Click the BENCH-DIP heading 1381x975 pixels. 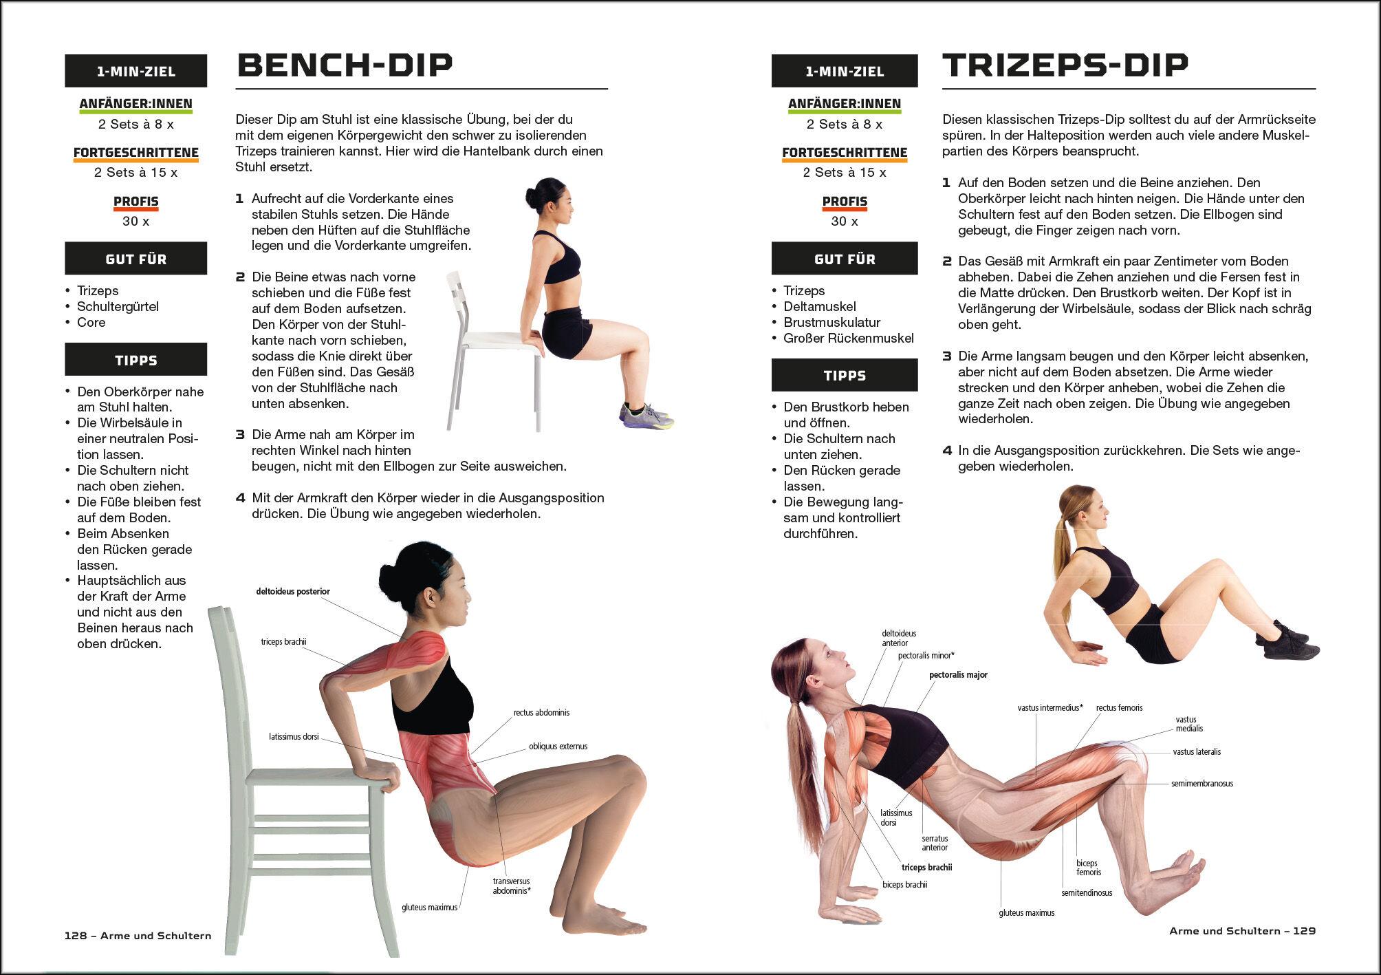(x=345, y=65)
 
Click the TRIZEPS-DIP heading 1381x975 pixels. (x=1065, y=65)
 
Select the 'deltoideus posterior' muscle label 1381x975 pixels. (x=293, y=591)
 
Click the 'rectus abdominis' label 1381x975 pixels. (x=541, y=713)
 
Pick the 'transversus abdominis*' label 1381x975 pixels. (x=511, y=886)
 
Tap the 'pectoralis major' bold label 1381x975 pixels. (x=958, y=675)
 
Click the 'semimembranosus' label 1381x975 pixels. (x=1202, y=783)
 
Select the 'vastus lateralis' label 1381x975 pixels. (x=1197, y=752)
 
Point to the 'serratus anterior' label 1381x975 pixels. (x=935, y=843)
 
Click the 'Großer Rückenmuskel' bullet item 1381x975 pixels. (x=849, y=338)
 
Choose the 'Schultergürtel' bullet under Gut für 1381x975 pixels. (x=118, y=306)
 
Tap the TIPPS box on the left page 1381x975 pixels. (x=136, y=360)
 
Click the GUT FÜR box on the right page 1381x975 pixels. (x=845, y=259)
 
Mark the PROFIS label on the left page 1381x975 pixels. (x=136, y=202)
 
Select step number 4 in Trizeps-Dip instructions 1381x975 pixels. (x=947, y=451)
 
